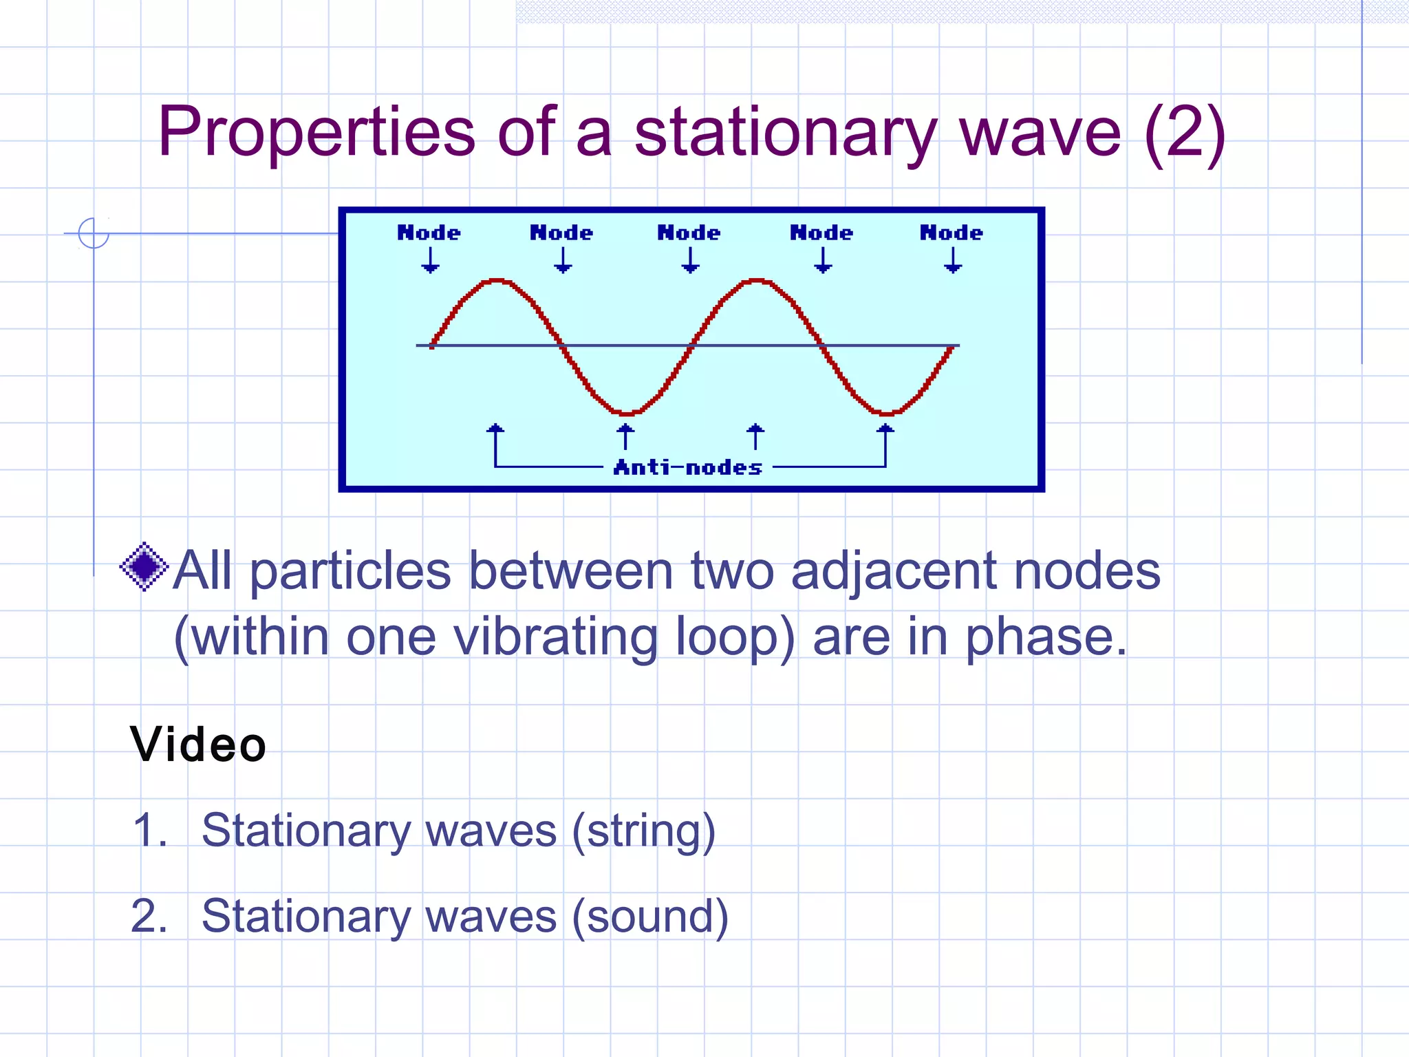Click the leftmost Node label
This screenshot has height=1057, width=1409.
[x=429, y=233]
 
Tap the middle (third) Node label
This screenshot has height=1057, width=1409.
[x=689, y=233]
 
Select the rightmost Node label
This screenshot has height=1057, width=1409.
[x=951, y=233]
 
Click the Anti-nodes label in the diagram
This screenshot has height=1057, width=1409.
[x=688, y=468]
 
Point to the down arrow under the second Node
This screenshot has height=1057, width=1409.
[x=563, y=260]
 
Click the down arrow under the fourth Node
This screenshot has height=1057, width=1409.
[x=823, y=260]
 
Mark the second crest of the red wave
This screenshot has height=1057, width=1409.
[x=757, y=281]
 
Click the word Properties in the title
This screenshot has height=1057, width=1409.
[x=316, y=132]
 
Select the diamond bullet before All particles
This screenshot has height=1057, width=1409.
[x=144, y=566]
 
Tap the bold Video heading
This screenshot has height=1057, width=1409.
[x=198, y=745]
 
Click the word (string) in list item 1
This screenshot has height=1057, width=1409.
[x=644, y=831]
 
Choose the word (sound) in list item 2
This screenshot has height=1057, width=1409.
[x=650, y=917]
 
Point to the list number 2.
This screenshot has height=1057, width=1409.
[x=149, y=917]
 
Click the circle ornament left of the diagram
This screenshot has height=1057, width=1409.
[x=94, y=233]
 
